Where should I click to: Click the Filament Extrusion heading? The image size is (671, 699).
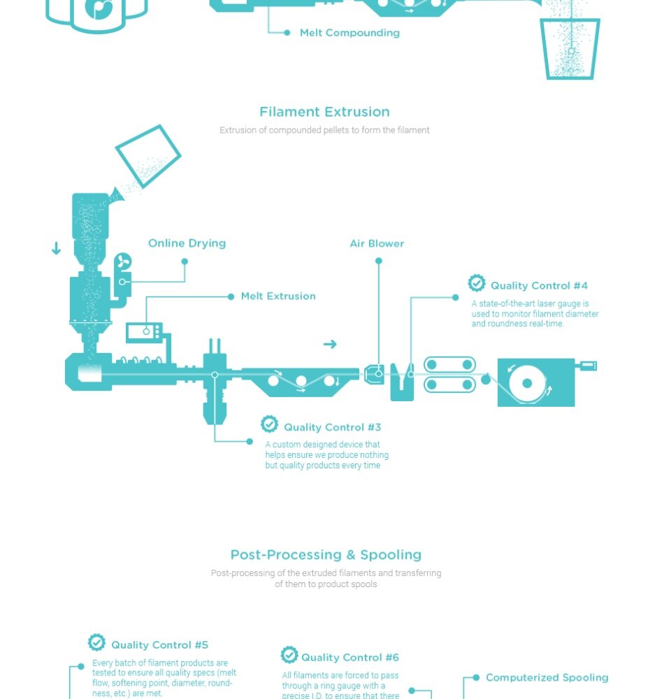[324, 112]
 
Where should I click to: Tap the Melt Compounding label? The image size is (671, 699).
[349, 33]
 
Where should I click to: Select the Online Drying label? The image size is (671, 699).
[187, 243]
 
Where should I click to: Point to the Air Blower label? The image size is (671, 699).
[377, 243]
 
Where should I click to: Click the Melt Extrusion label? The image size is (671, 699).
[278, 296]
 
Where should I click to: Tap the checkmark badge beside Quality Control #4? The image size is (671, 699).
[477, 283]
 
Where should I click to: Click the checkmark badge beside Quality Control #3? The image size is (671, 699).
[269, 424]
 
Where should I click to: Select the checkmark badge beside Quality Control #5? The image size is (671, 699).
[96, 642]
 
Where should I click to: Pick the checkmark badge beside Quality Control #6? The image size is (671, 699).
[289, 655]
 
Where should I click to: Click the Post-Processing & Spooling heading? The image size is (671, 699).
[326, 555]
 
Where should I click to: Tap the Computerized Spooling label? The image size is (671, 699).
[547, 677]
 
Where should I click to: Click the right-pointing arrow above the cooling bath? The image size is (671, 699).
[330, 344]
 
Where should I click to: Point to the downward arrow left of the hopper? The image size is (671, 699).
[56, 248]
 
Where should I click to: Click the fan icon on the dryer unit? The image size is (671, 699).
[122, 261]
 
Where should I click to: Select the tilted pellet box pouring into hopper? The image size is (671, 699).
[148, 156]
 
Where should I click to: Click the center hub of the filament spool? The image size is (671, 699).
[527, 383]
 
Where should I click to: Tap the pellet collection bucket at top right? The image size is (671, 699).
[570, 49]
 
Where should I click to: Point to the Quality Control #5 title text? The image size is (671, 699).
[159, 645]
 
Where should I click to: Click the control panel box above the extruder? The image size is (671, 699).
[144, 332]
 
